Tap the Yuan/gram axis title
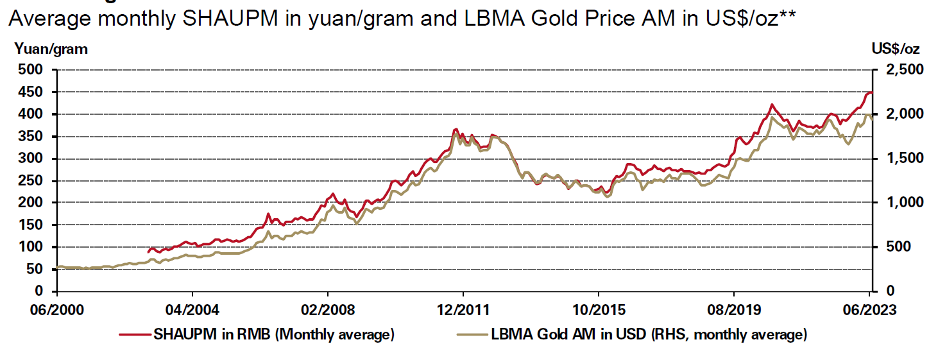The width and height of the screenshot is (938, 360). coord(51,49)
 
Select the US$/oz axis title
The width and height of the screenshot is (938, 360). coord(895,49)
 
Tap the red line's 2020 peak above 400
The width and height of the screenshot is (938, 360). coord(772,104)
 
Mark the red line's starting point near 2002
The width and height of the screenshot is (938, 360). coord(148,252)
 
